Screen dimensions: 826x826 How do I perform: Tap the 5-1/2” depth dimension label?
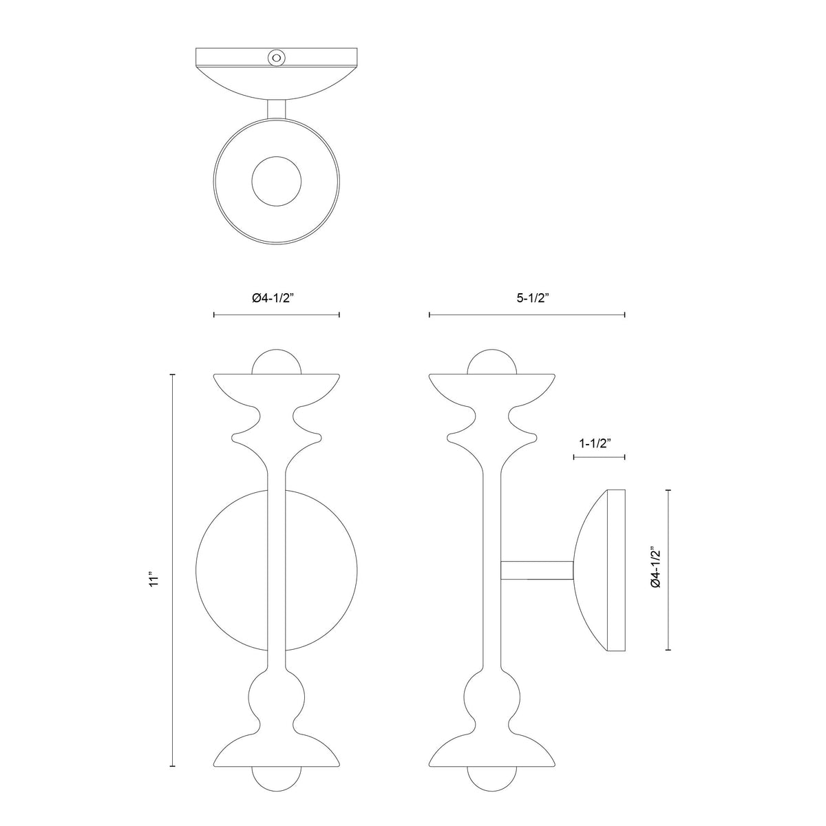point(533,298)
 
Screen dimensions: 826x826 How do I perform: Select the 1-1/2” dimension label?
point(595,444)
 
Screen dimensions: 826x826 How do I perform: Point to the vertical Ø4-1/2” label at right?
point(656,567)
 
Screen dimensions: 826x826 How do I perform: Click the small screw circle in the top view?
point(276,57)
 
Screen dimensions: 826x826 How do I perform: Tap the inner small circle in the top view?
point(277,181)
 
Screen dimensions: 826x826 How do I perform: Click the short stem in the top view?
point(277,109)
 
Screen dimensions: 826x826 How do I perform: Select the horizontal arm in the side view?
point(537,570)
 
